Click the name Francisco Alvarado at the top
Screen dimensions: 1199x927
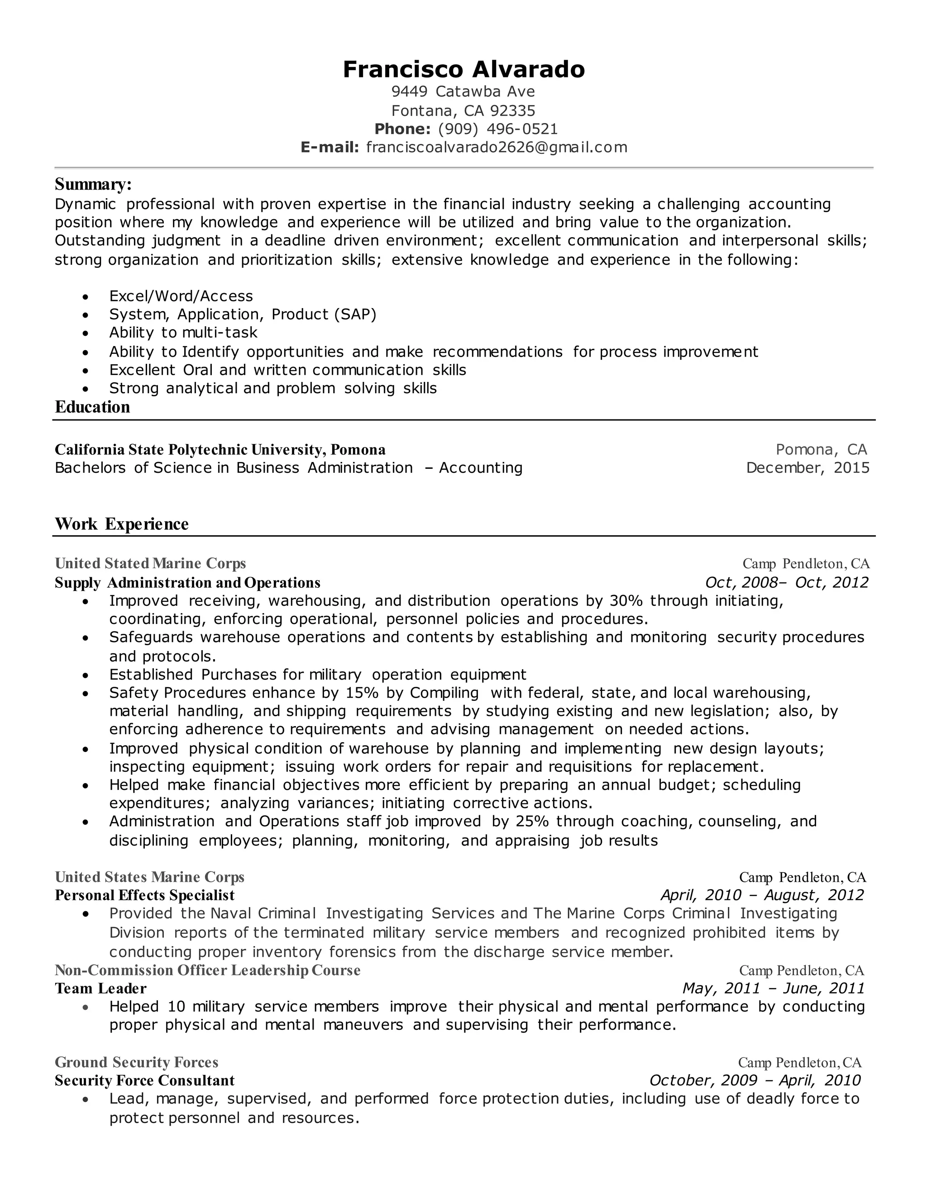pyautogui.click(x=463, y=70)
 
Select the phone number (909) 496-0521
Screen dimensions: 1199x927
pyautogui.click(x=497, y=129)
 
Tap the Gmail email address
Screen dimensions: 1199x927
pyautogui.click(x=497, y=147)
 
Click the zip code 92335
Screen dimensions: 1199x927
pyautogui.click(x=512, y=111)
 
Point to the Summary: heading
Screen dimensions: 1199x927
pyautogui.click(x=93, y=184)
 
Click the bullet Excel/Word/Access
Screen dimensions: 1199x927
pyautogui.click(x=181, y=296)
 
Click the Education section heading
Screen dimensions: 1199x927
pyautogui.click(x=92, y=407)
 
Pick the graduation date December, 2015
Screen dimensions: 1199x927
pyautogui.click(x=808, y=468)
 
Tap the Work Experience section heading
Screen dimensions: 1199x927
pyautogui.click(x=121, y=524)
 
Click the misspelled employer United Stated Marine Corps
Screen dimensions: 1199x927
pyautogui.click(x=150, y=563)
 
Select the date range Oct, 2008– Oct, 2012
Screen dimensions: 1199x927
pyautogui.click(x=786, y=582)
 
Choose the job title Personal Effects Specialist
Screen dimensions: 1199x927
pyautogui.click(x=144, y=895)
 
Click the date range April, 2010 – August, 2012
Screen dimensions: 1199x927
pyautogui.click(x=762, y=895)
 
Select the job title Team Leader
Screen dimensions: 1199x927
pyautogui.click(x=100, y=989)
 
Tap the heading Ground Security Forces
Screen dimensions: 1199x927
pyautogui.click(x=136, y=1062)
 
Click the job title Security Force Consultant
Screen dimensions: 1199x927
pyautogui.click(x=144, y=1080)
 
